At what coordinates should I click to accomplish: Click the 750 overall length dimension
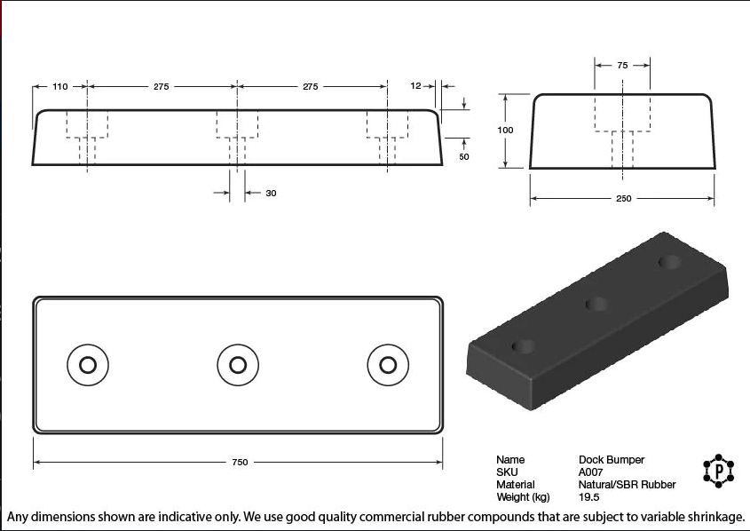[x=240, y=462]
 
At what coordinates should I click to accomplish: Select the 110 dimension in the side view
[x=60, y=87]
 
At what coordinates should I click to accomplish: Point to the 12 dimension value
[x=415, y=86]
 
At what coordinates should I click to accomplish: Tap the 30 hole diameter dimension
[x=271, y=193]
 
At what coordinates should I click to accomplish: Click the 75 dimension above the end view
[x=622, y=65]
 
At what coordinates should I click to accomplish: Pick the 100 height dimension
[x=505, y=131]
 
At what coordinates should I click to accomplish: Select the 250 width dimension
[x=623, y=199]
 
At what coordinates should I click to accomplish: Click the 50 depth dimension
[x=463, y=156]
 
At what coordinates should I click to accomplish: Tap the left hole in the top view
[x=88, y=364]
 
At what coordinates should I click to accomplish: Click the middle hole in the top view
[x=238, y=364]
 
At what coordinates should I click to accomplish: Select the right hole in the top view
[x=388, y=364]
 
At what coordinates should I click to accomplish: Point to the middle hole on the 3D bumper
[x=596, y=305]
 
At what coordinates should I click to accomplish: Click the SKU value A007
[x=590, y=472]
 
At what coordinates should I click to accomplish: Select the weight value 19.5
[x=588, y=497]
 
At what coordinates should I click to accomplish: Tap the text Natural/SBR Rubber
[x=627, y=485]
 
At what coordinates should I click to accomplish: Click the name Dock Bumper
[x=612, y=460]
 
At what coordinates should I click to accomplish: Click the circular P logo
[x=717, y=470]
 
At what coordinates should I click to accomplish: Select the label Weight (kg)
[x=523, y=497]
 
